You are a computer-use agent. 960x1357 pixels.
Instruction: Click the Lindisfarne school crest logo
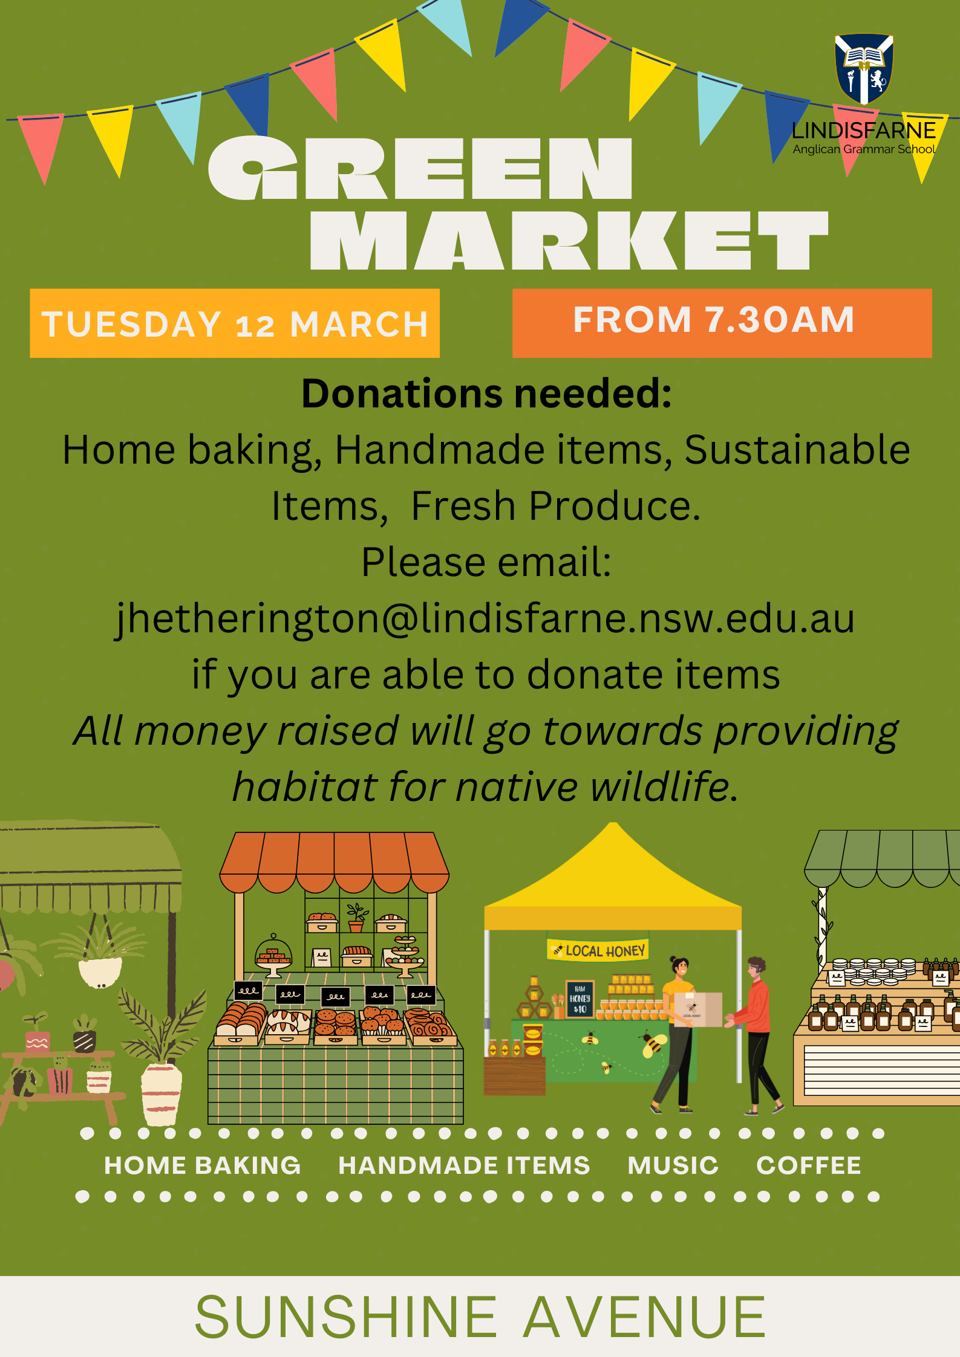click(864, 68)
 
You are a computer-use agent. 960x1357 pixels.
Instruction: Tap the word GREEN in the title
click(420, 167)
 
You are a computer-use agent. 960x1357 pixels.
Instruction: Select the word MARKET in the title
click(569, 240)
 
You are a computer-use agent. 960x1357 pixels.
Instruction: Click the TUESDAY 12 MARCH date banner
click(235, 323)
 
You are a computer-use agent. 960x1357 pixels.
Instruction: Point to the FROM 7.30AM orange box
click(722, 323)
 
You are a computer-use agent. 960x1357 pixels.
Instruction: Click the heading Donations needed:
click(487, 394)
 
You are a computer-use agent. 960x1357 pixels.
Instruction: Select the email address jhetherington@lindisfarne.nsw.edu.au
click(485, 619)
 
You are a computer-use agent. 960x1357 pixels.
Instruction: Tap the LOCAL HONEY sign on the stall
click(598, 950)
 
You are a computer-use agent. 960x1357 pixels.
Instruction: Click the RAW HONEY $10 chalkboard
click(580, 999)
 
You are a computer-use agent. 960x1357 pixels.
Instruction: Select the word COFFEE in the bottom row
click(808, 1165)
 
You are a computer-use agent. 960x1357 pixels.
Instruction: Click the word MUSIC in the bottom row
click(673, 1165)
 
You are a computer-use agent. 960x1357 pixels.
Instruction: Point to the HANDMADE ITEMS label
click(464, 1165)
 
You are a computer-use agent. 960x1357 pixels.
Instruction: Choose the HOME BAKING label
click(202, 1165)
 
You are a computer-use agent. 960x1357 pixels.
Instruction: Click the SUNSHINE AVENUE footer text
click(480, 1318)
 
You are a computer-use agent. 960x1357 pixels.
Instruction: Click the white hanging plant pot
click(100, 973)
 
